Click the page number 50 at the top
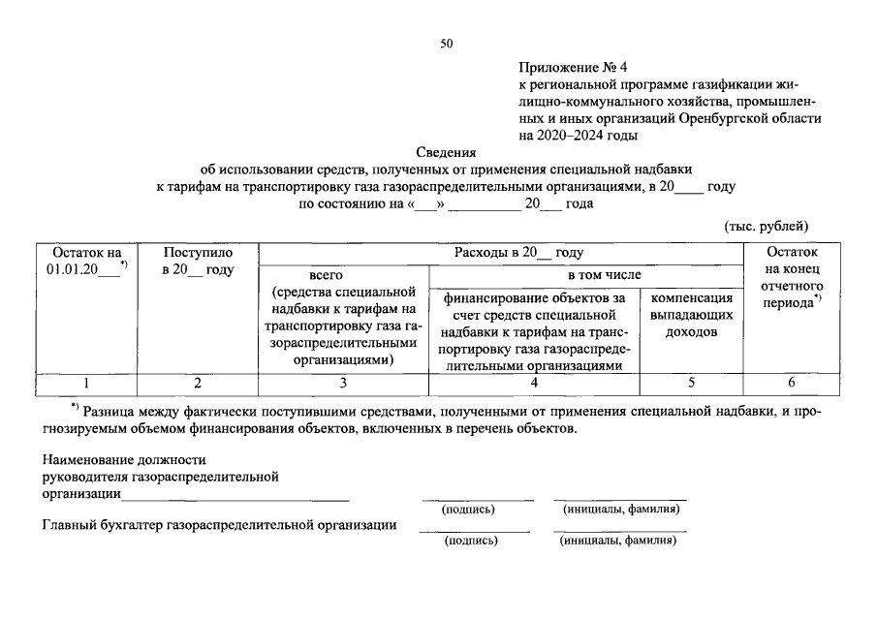tap(446, 44)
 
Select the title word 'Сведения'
tap(447, 151)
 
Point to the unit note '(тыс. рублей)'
tap(767, 227)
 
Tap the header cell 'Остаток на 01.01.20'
tap(88, 261)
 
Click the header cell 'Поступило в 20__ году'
tap(199, 261)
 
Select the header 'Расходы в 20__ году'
tap(518, 253)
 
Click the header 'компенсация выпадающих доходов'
tap(691, 315)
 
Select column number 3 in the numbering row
tap(342, 383)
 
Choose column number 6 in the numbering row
tap(792, 383)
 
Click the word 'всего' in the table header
tap(328, 275)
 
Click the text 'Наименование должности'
tap(123, 459)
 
